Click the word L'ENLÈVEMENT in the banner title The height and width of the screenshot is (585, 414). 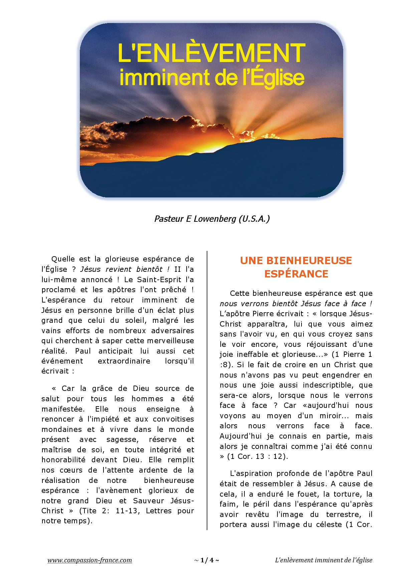coord(211,53)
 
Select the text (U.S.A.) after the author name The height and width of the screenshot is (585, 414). coord(254,219)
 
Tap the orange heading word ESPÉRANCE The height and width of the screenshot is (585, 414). coord(296,274)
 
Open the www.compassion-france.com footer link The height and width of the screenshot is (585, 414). coord(89,560)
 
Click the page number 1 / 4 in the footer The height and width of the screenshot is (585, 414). coord(206,560)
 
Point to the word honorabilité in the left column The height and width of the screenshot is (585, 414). coord(62,460)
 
